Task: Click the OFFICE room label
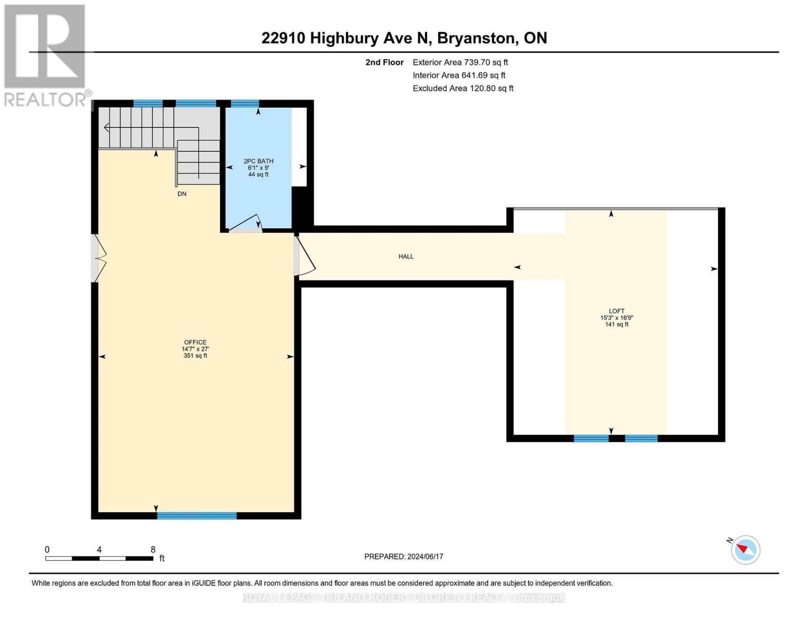195,342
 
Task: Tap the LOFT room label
617,311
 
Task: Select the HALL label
406,256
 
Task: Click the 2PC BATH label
259,161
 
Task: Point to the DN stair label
182,194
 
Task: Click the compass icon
745,550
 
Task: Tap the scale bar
99,558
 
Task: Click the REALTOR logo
46,55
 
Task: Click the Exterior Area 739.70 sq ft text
460,62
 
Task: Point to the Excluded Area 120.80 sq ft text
463,88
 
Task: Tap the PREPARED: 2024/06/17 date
404,556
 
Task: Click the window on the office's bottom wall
197,516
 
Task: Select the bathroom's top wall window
245,103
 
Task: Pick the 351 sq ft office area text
195,356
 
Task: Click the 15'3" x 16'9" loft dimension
617,318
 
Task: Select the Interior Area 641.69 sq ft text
459,75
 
